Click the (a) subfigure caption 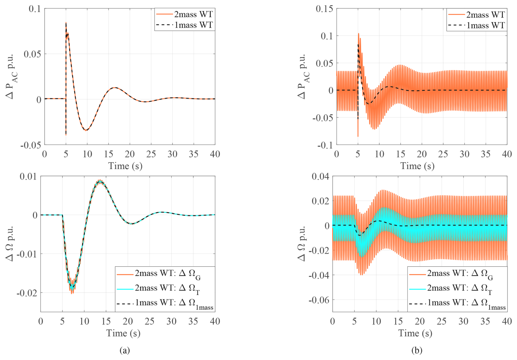pos(125,350)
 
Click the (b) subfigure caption pos(417,350)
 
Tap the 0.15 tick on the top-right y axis pos(324,9)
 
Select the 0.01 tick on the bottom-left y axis pos(28,176)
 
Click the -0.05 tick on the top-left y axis pos(31,145)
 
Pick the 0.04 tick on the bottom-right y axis pos(320,176)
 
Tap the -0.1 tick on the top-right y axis pos(325,145)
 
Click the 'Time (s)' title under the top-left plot pos(125,166)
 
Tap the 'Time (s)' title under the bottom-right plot pos(415,333)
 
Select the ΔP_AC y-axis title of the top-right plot pos(303,76)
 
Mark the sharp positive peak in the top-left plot pos(66,23)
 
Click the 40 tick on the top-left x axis pos(215,154)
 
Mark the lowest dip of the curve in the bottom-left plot pos(72,293)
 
